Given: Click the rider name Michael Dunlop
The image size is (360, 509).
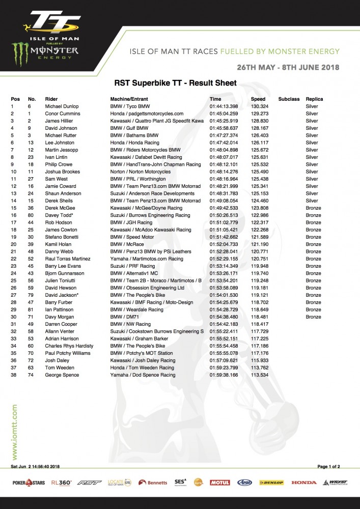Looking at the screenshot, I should coord(62,106).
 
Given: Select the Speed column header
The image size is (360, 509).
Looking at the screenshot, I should coord(258,99).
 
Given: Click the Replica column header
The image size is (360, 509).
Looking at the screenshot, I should coord(314,99).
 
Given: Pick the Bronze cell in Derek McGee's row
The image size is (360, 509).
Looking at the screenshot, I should coord(313,208).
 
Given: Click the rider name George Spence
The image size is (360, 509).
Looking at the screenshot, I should coord(61,375).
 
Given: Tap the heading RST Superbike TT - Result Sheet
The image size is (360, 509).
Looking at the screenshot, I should coord(175,83).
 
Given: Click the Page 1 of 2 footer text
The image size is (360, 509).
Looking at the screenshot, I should coord(328,466).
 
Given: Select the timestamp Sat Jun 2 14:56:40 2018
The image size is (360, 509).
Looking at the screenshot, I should coord(36,466).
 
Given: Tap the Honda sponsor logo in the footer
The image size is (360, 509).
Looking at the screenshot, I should coord(303,483).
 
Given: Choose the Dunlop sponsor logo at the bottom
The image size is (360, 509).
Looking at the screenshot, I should coord(271,483).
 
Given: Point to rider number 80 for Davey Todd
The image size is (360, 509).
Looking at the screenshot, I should coord(32,215).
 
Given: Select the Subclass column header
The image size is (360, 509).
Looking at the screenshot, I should coord(289,99).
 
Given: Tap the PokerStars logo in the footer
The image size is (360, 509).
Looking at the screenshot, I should coord(29,483).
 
